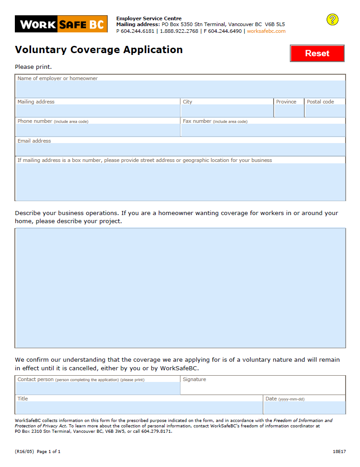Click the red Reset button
click(x=317, y=53)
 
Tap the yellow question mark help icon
click(x=332, y=19)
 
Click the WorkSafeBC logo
click(x=61, y=24)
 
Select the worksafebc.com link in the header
click(x=266, y=31)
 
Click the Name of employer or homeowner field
click(x=180, y=89)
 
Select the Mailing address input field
click(x=98, y=111)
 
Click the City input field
click(x=227, y=111)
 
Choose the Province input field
click(x=289, y=111)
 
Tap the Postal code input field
click(x=325, y=111)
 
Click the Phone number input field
click(x=98, y=130)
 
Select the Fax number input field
click(x=263, y=130)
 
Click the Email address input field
click(x=180, y=149)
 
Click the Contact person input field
click(x=98, y=388)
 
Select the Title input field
click(x=139, y=408)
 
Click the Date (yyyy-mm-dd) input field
click(x=305, y=408)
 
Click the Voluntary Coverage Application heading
click(x=99, y=49)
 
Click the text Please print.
click(x=33, y=67)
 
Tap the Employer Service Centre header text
click(x=149, y=18)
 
